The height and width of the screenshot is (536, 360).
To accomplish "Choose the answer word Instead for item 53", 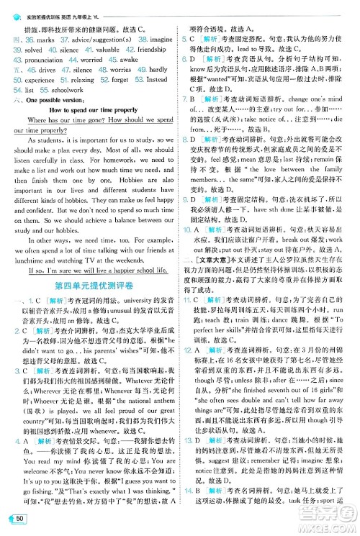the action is coord(158,81).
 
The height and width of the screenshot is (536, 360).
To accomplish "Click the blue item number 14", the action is coord(189,487).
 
